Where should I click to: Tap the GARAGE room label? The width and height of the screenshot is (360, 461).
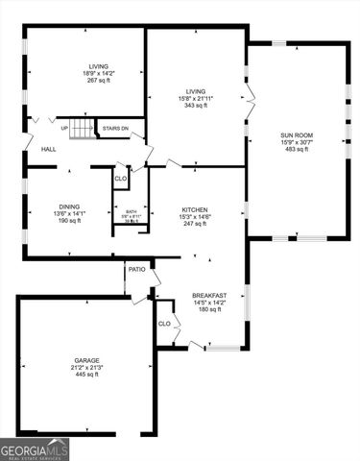point(87,360)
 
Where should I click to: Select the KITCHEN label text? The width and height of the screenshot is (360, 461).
point(196,209)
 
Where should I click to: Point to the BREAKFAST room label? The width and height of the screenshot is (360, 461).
point(209,295)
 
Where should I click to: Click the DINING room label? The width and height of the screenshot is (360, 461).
point(69,206)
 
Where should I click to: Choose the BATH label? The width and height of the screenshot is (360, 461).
point(132,211)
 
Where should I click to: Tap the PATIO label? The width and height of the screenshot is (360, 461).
point(137,270)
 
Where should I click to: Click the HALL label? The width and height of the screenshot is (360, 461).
point(48,150)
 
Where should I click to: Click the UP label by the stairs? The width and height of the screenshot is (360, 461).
point(64,128)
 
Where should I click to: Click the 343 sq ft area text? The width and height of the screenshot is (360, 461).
point(196,106)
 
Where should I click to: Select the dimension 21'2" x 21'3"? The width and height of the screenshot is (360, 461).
point(87,367)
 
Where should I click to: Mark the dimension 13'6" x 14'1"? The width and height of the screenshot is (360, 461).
point(69,213)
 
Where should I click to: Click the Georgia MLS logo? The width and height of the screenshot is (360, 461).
point(35,449)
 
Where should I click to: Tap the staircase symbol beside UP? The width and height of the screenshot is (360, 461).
point(84,128)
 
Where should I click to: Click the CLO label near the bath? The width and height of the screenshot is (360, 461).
point(120,179)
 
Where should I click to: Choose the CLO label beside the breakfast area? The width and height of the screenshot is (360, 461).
point(164,324)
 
